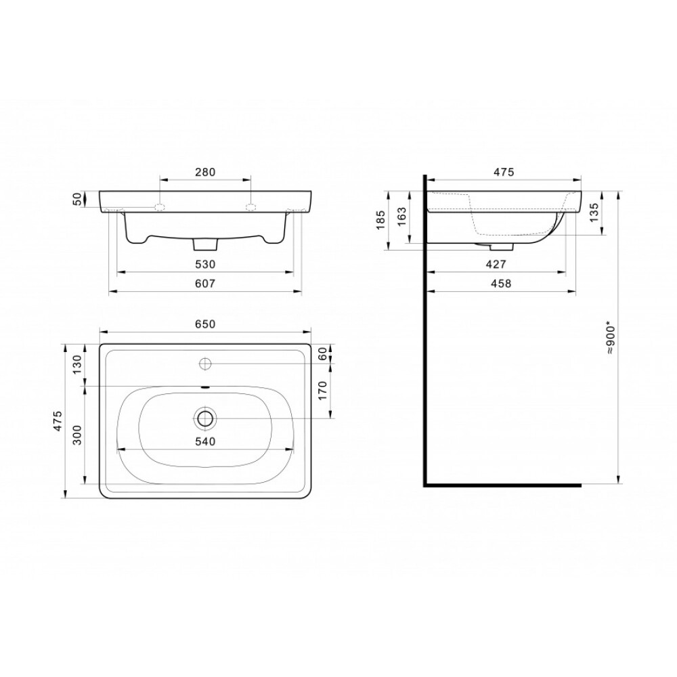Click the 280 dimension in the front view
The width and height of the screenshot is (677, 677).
pos(205,172)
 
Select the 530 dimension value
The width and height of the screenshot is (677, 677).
pos(205,264)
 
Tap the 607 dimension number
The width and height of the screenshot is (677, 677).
pos(205,284)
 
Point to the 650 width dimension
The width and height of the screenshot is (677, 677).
pos(205,324)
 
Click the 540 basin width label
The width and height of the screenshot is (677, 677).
pos(205,441)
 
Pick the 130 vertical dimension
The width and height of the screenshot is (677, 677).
pos(77,365)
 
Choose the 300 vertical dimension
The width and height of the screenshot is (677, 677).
pos(77,435)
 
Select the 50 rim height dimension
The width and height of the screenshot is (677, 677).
pos(77,200)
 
